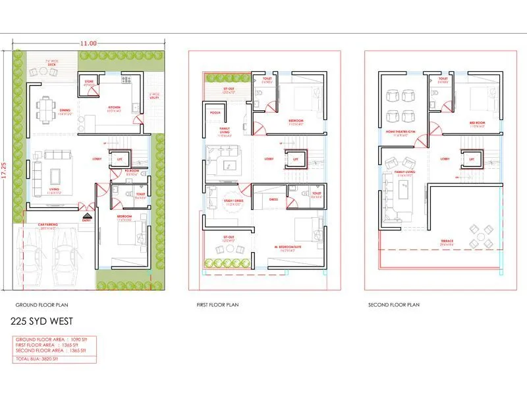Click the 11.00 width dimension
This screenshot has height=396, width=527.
89,43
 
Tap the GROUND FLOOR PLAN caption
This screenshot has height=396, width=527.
42,305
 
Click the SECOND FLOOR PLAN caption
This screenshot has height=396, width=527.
394,305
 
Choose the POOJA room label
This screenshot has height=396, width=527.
215,113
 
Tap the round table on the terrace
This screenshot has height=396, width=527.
479,236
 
